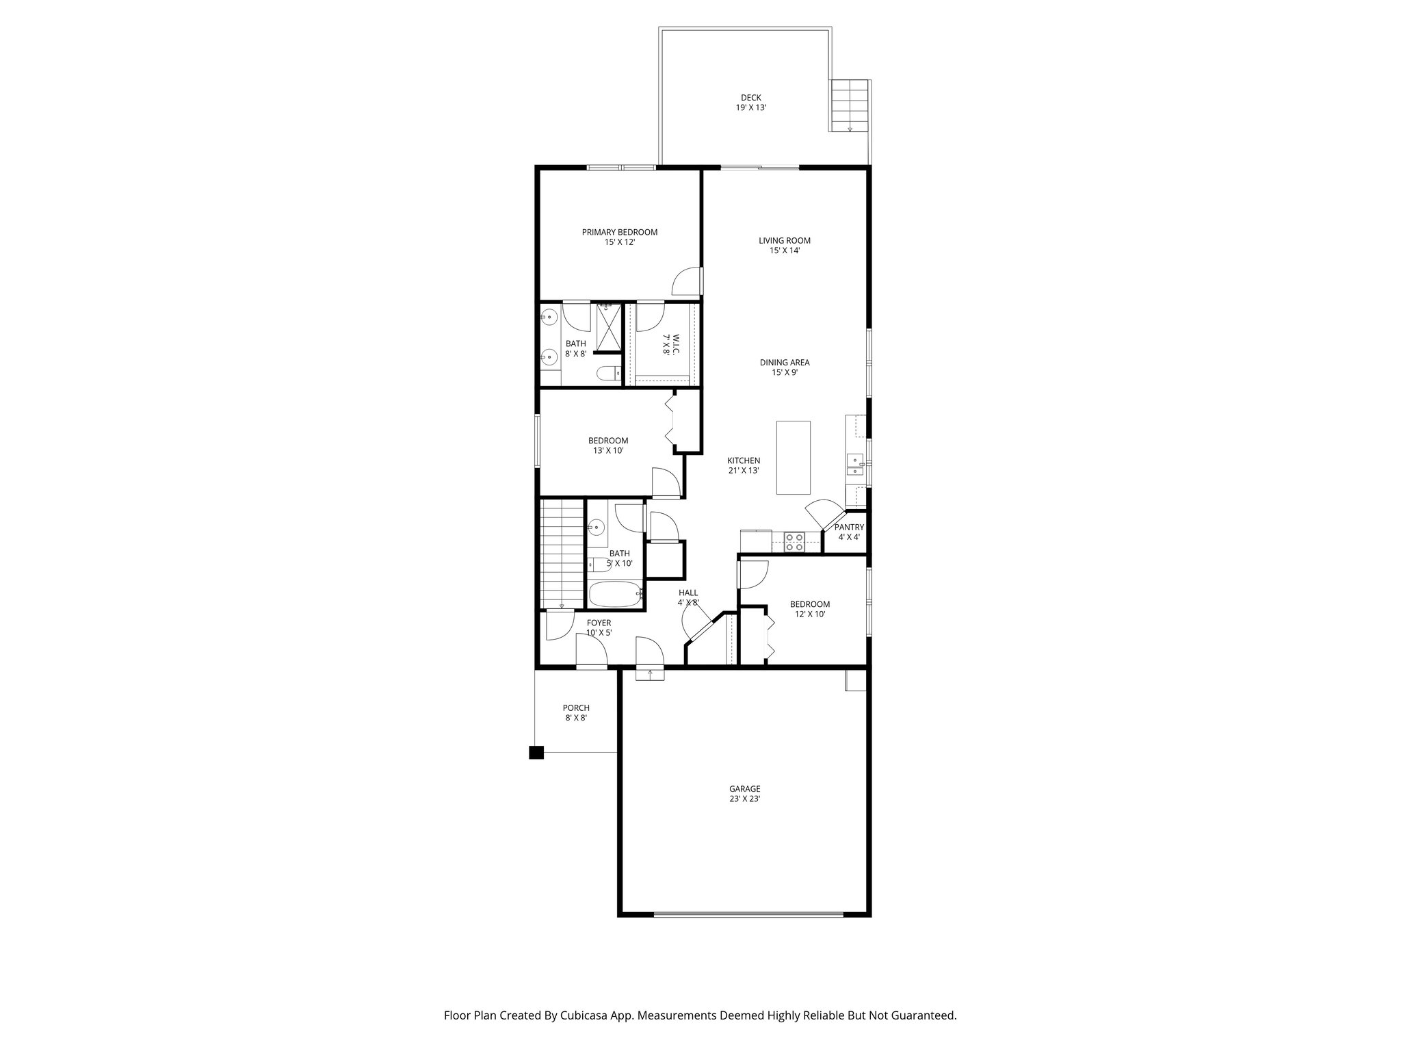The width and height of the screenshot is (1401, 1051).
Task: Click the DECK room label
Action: tap(750, 103)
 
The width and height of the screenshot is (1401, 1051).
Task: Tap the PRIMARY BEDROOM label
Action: tap(619, 237)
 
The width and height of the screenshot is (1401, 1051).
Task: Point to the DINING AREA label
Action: tap(784, 367)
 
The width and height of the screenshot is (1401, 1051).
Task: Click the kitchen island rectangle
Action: tap(793, 457)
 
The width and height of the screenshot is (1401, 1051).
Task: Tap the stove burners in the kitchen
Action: tap(794, 542)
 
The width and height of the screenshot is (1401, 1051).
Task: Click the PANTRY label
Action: tap(848, 532)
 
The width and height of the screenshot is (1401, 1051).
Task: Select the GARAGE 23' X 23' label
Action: tap(744, 794)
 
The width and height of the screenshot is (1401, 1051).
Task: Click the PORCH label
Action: tap(576, 712)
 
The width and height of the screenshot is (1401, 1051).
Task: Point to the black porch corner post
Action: tap(536, 753)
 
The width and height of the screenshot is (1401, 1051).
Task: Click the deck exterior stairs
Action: tap(849, 105)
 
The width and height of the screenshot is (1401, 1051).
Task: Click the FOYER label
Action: tap(599, 627)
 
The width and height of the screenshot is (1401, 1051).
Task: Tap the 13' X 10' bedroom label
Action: tap(608, 445)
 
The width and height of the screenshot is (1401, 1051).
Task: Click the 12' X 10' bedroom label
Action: tap(809, 609)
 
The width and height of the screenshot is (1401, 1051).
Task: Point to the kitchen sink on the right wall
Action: tap(855, 465)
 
